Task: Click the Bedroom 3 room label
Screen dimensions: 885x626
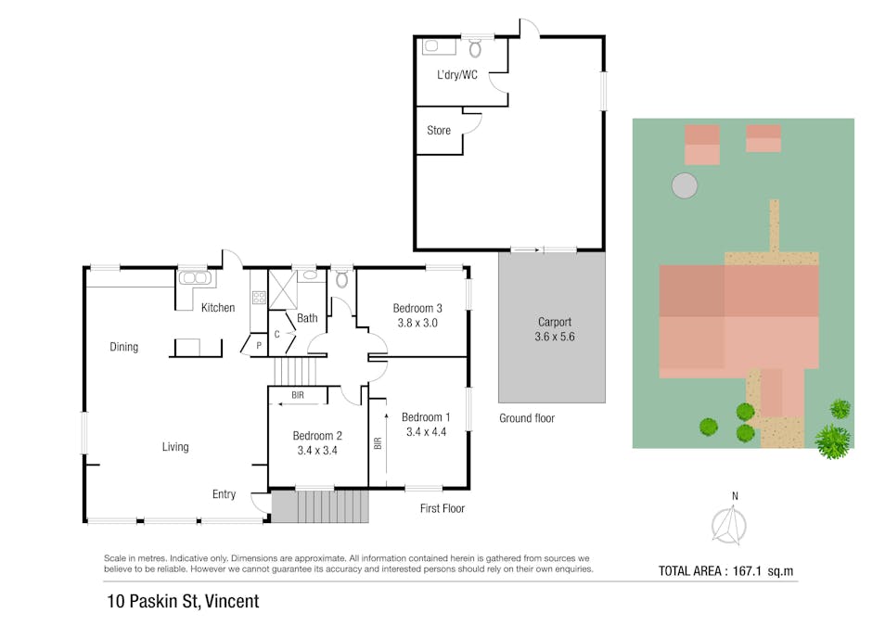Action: point(417,308)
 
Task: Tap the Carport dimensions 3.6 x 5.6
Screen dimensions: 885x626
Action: point(554,337)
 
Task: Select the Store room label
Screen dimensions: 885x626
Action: point(439,131)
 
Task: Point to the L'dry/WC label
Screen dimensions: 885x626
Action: point(457,74)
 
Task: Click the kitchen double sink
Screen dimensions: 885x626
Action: point(195,277)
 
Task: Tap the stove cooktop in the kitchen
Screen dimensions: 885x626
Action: point(259,297)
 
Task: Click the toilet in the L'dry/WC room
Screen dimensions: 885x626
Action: point(475,48)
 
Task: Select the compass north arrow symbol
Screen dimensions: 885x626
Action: point(729,525)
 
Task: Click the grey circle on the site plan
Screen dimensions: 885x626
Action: point(685,185)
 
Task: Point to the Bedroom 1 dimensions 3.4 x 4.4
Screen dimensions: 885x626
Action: point(426,432)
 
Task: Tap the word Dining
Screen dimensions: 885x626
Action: point(123,347)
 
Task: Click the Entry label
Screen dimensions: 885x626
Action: point(224,494)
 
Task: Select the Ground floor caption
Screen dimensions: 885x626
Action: point(527,418)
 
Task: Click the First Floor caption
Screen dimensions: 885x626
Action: point(442,508)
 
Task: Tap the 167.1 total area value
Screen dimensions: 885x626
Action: point(747,570)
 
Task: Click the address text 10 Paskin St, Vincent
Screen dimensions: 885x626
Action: point(183,601)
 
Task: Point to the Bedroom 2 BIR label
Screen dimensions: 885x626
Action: point(298,395)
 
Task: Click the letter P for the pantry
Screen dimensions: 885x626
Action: point(259,345)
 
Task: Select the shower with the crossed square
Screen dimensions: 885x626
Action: point(282,290)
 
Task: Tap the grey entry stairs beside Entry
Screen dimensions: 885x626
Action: point(320,506)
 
